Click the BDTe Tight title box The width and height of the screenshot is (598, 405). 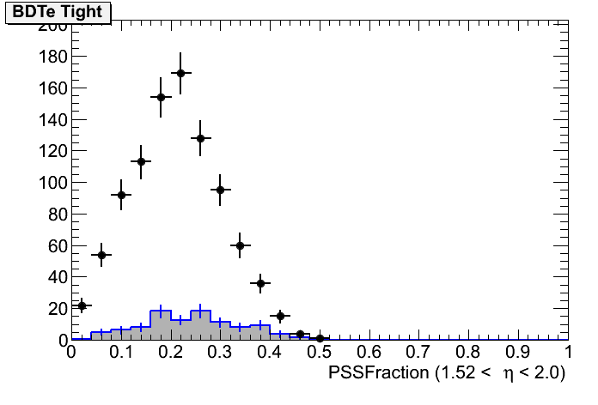point(57,12)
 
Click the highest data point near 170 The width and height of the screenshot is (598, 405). point(180,73)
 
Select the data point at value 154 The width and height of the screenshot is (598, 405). point(161,97)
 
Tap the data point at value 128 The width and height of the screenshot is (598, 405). point(200,138)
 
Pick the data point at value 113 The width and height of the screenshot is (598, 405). point(141,161)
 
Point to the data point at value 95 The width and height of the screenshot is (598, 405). point(220,190)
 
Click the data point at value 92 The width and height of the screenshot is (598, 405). point(121,195)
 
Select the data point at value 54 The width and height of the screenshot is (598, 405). point(101,255)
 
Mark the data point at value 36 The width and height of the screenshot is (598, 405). point(259,283)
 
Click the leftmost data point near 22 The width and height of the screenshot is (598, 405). point(82,305)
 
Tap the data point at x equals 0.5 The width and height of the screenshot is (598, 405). point(320,338)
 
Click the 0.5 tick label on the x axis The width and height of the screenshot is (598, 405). point(320,353)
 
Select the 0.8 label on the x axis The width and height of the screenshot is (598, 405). point(468,353)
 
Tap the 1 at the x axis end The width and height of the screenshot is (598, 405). point(568,353)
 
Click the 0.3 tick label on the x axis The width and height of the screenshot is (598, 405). point(220,353)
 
